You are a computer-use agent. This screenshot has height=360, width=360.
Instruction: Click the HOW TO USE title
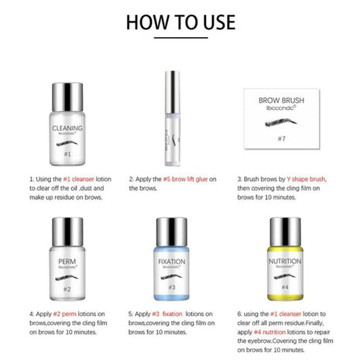pos(180,20)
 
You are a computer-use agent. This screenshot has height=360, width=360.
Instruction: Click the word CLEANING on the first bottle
pos(67,129)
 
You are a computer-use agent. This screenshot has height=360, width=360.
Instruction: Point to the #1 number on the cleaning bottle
pos(67,154)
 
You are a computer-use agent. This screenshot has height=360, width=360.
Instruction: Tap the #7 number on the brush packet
pos(293,140)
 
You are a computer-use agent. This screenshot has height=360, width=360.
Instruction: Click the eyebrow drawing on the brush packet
pos(293,121)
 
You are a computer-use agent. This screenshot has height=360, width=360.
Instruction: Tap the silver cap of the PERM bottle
pos(67,231)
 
